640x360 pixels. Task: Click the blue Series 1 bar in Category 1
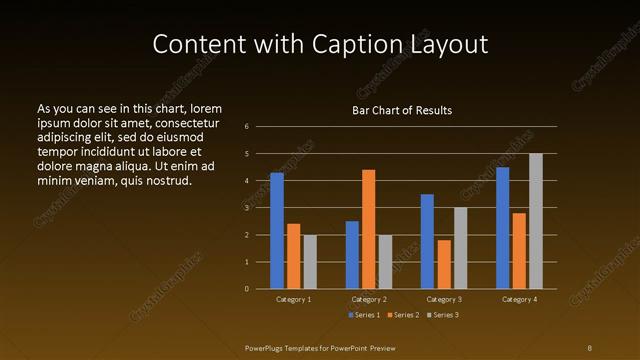pyautogui.click(x=277, y=231)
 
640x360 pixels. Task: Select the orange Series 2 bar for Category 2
pyautogui.click(x=369, y=229)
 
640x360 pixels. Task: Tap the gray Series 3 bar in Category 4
pyautogui.click(x=536, y=221)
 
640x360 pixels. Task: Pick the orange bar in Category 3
pyautogui.click(x=444, y=264)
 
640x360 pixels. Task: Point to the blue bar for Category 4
pyautogui.click(x=502, y=228)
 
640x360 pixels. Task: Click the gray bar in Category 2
pyautogui.click(x=386, y=262)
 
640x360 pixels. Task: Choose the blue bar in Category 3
pyautogui.click(x=427, y=241)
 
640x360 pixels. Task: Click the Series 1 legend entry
pyautogui.click(x=363, y=315)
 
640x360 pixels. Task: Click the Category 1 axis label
pyautogui.click(x=294, y=299)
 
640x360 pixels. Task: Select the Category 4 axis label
pyautogui.click(x=519, y=299)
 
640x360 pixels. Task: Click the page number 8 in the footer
pyautogui.click(x=589, y=347)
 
